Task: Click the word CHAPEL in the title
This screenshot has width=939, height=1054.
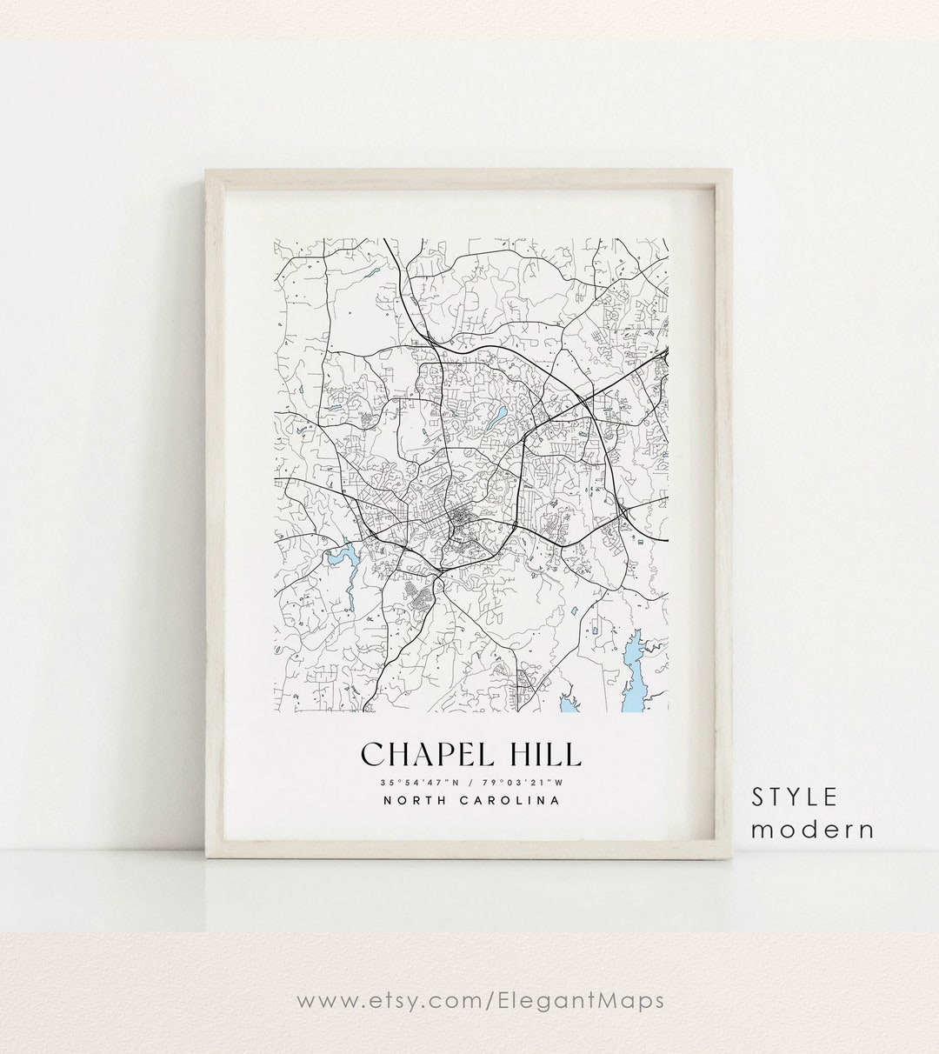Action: point(422,753)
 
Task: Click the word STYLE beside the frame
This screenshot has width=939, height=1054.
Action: point(795,797)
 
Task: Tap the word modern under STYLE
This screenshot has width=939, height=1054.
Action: point(813,829)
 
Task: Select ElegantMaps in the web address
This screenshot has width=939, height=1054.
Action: point(593,1001)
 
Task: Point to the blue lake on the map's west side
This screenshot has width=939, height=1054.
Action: point(342,557)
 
